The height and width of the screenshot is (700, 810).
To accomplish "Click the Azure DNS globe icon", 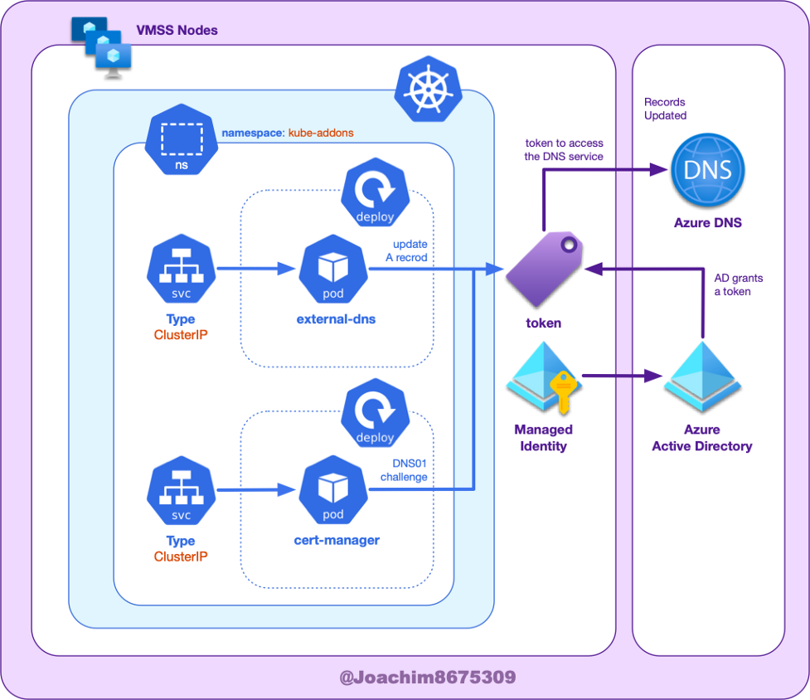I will coord(707,170).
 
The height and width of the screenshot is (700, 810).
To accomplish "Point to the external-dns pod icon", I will coord(333,269).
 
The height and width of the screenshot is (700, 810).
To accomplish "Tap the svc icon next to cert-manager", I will coord(181,494).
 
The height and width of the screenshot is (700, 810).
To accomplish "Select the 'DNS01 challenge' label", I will coord(404,470).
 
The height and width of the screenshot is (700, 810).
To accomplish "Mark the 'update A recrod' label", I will coord(406,250).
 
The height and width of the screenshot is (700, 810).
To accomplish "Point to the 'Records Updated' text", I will coord(666,109).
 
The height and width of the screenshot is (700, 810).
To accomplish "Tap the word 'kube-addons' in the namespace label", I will coord(322,133).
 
